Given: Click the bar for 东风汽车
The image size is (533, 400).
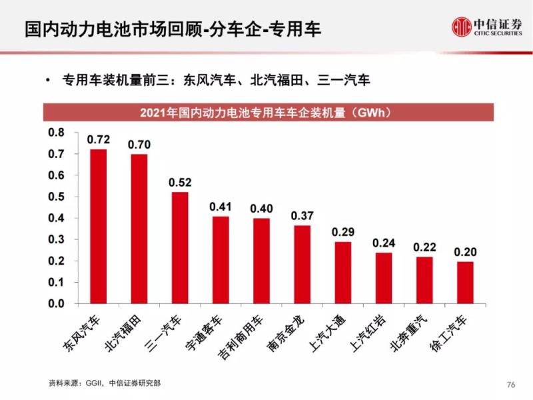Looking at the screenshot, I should point(99,227).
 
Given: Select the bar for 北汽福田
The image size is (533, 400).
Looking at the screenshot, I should point(139,229).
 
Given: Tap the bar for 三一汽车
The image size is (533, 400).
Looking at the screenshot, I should point(180,248).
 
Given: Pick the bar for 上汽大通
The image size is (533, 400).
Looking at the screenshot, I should point(342,273).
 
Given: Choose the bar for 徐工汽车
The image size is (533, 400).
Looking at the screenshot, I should point(465,283).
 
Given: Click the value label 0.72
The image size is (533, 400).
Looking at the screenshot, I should point(99,140).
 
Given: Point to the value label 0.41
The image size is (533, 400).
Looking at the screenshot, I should point(221,207).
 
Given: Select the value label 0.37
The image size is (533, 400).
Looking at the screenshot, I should point(302,215).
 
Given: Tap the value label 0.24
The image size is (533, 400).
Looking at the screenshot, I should point(384,243).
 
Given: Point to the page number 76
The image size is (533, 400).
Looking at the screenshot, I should point(512,384).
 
